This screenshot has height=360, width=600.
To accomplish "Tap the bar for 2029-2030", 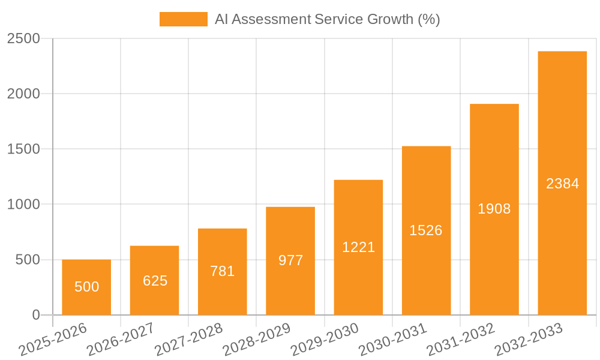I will (x=358, y=247).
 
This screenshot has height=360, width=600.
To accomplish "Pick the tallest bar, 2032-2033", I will (x=562, y=183).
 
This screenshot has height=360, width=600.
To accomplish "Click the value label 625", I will (x=155, y=280).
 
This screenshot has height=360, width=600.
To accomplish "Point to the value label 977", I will (x=290, y=260).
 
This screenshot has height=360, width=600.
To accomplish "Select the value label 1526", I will (x=426, y=230).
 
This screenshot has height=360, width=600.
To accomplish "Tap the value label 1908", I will (x=494, y=209).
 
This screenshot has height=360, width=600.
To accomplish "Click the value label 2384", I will (x=562, y=184).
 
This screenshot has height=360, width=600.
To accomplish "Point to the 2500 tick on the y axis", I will (x=23, y=38).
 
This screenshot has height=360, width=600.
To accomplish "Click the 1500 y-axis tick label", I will (x=23, y=149).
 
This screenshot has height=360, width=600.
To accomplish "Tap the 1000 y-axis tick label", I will (x=23, y=204).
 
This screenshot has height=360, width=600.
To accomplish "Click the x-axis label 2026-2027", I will (x=120, y=339).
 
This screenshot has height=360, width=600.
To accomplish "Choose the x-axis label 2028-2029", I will (x=256, y=339).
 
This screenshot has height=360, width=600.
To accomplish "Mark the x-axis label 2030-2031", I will (x=392, y=339).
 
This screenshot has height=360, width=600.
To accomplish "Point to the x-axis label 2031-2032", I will (x=460, y=339).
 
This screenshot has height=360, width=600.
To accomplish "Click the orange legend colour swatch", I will (x=183, y=19).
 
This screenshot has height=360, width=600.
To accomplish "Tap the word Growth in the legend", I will (x=389, y=19).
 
